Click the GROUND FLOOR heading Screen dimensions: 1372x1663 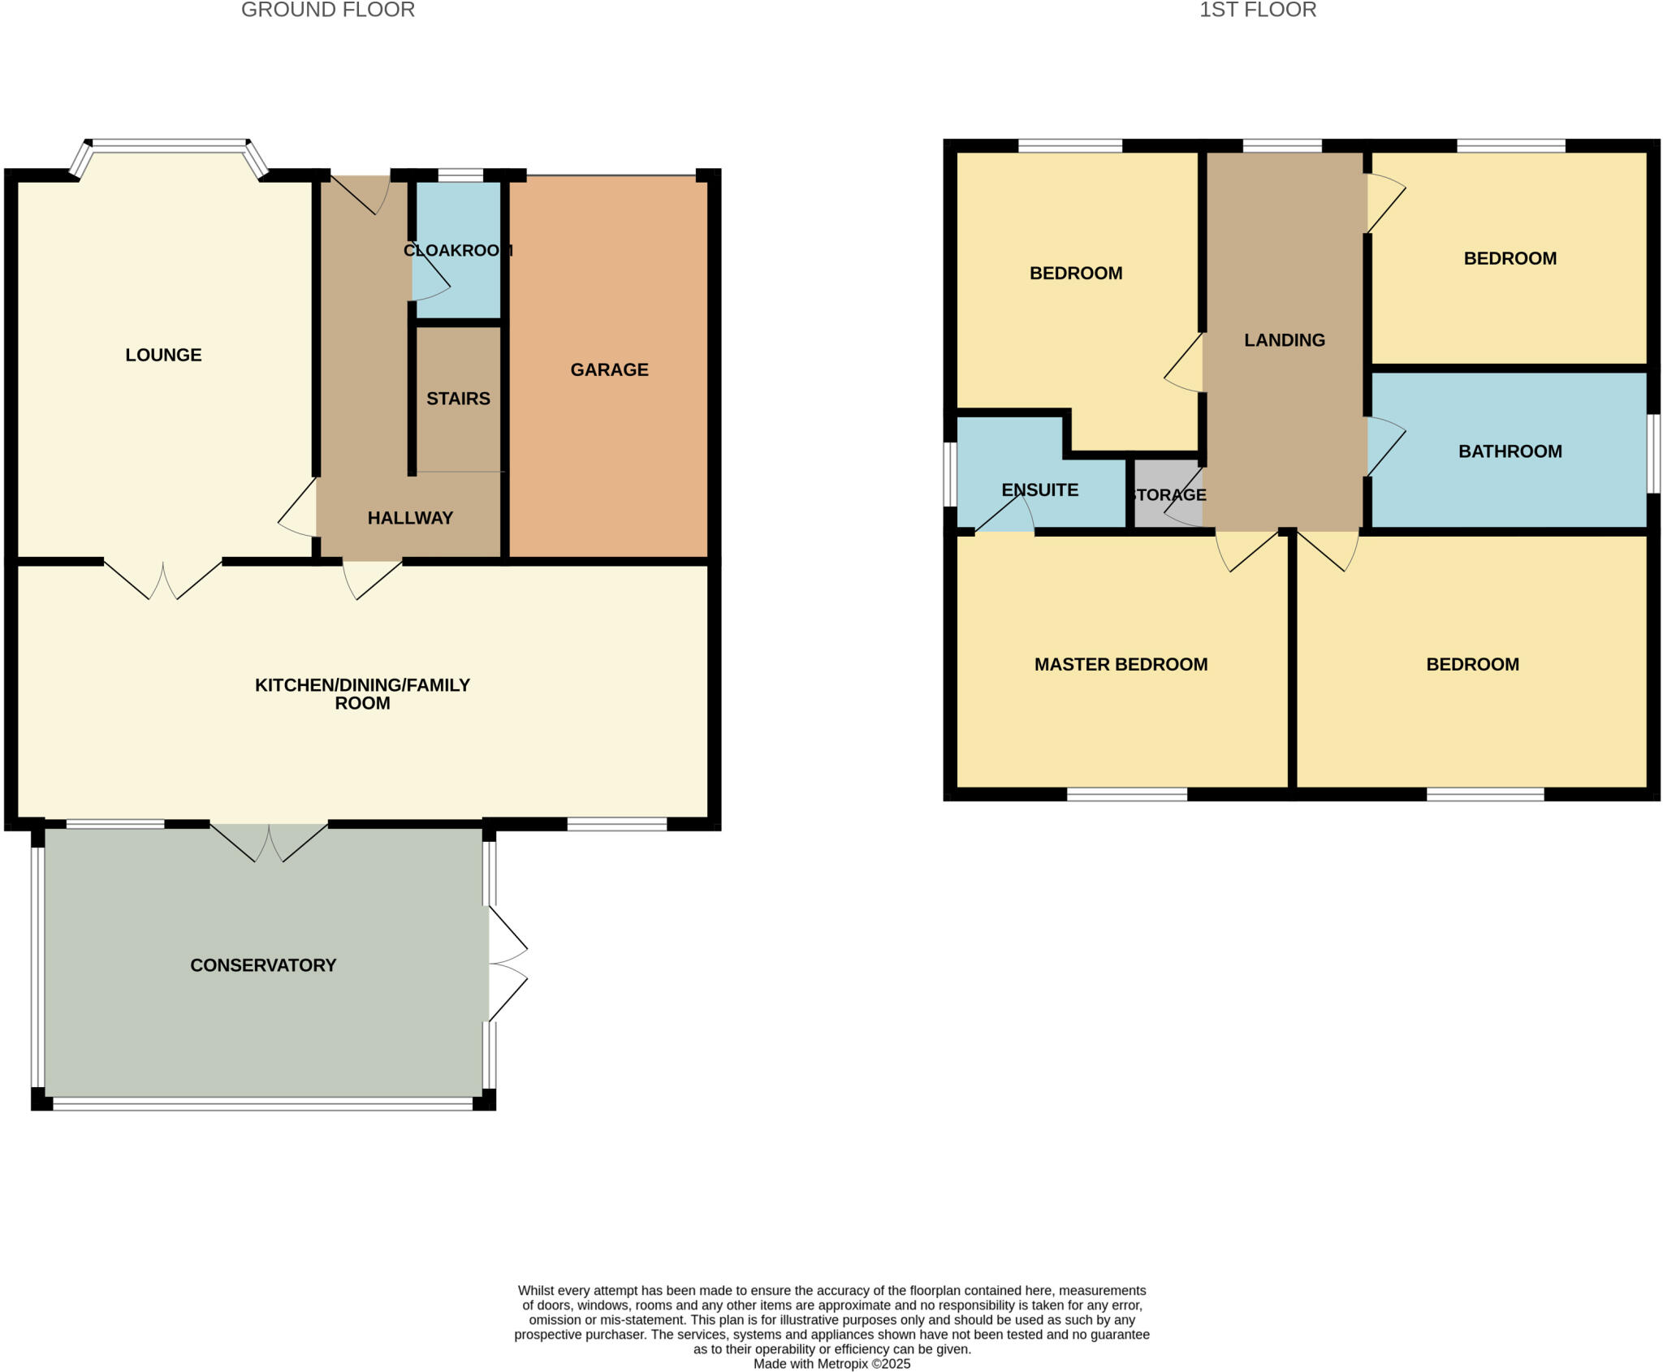point(328,11)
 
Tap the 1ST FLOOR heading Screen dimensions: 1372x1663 point(1258,11)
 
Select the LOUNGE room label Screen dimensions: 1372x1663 point(163,355)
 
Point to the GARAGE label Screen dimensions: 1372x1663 point(609,370)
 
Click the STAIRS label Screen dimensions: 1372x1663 point(458,399)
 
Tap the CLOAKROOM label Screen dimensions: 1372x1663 point(458,250)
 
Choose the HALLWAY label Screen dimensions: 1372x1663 point(410,518)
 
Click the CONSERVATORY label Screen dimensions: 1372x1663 point(263,965)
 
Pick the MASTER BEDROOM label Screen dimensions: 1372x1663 point(1121,665)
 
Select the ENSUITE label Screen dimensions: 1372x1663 point(1039,490)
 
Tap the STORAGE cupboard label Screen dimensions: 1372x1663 point(1168,495)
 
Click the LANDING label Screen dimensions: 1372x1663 point(1285,340)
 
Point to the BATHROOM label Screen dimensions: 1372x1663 point(1510,451)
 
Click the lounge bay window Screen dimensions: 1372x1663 point(168,145)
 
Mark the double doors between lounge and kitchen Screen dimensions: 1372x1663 point(163,578)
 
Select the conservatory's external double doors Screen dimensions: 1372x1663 point(507,964)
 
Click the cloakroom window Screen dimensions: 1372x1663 point(460,175)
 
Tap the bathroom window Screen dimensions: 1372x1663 point(1653,453)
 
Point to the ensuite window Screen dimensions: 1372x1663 point(950,474)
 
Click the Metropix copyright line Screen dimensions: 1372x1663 point(831,1364)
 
